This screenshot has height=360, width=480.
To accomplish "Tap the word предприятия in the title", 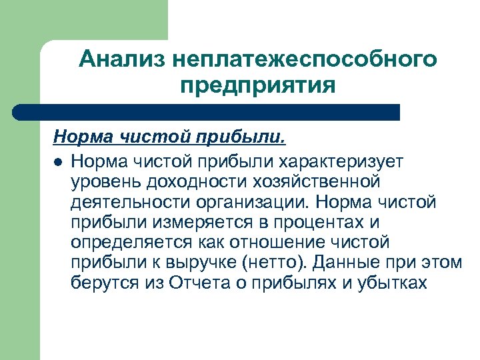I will tap(257, 86).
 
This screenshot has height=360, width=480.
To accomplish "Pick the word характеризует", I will tap(348, 161).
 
